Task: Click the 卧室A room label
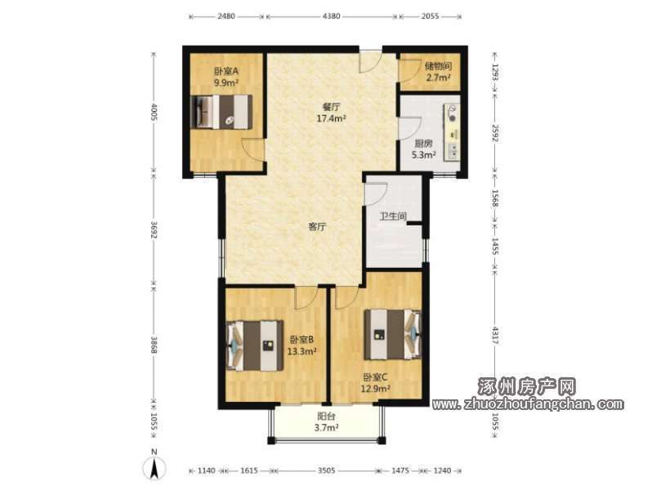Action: (x=226, y=71)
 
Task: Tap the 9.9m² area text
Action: (x=226, y=82)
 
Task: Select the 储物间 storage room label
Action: (x=438, y=65)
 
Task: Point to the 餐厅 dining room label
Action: (x=332, y=107)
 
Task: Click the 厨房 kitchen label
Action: (x=424, y=144)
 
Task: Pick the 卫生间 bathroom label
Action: (x=393, y=216)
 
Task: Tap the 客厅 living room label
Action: (x=317, y=226)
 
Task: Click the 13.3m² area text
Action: (x=302, y=352)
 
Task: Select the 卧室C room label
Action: (x=376, y=377)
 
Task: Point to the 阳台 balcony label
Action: (x=327, y=416)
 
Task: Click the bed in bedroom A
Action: (x=221, y=112)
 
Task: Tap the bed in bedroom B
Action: (x=255, y=345)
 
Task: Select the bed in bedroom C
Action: (x=392, y=334)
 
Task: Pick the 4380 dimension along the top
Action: (x=332, y=16)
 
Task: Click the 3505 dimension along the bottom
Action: (x=327, y=470)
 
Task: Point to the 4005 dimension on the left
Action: (x=154, y=112)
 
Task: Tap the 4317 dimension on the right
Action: (x=495, y=336)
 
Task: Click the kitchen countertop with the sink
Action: (x=452, y=132)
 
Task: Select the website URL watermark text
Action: (x=528, y=403)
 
